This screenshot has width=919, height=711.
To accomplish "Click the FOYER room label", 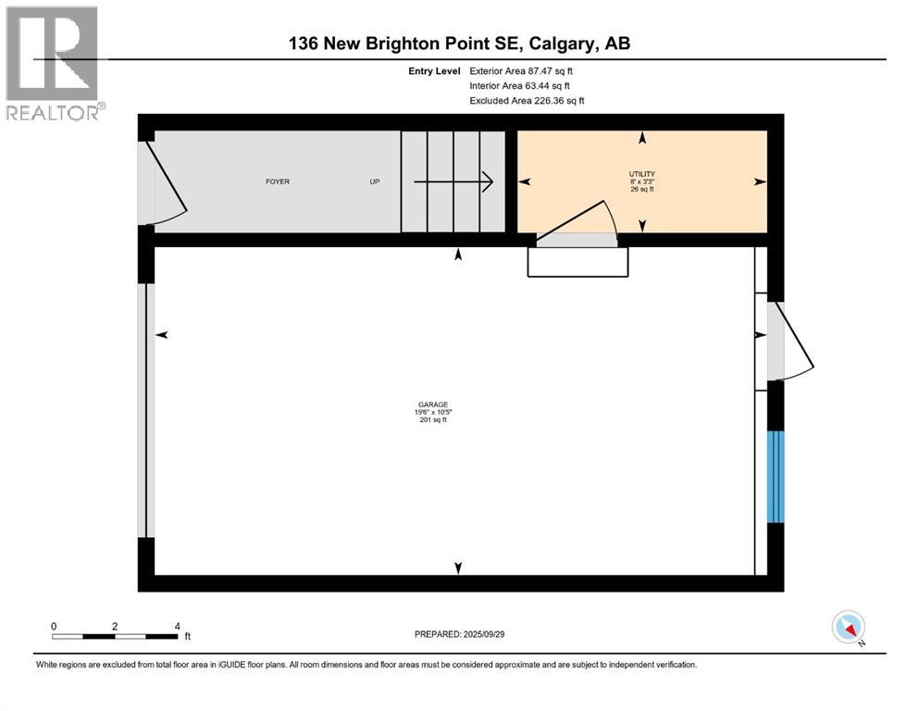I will point(278,181).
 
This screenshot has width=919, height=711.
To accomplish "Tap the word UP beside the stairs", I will point(375,181).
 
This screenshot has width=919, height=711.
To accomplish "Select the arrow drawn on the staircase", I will point(453,182).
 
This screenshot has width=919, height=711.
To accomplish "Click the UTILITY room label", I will point(642,174).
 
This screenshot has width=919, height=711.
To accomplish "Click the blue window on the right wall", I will point(776,477).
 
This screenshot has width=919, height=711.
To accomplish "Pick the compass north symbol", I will point(849,628).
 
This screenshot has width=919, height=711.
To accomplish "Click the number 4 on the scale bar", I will point(176,626).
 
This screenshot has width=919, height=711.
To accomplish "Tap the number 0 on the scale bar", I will point(55,626).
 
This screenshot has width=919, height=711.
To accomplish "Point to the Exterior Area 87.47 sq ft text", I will point(528,70).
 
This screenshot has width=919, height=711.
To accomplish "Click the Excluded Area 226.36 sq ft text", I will point(527,100).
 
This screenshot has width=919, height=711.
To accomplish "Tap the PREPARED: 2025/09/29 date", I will point(459,634).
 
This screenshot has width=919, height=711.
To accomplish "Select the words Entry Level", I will point(433,70).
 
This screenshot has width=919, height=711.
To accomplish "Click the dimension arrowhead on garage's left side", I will point(162,335).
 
